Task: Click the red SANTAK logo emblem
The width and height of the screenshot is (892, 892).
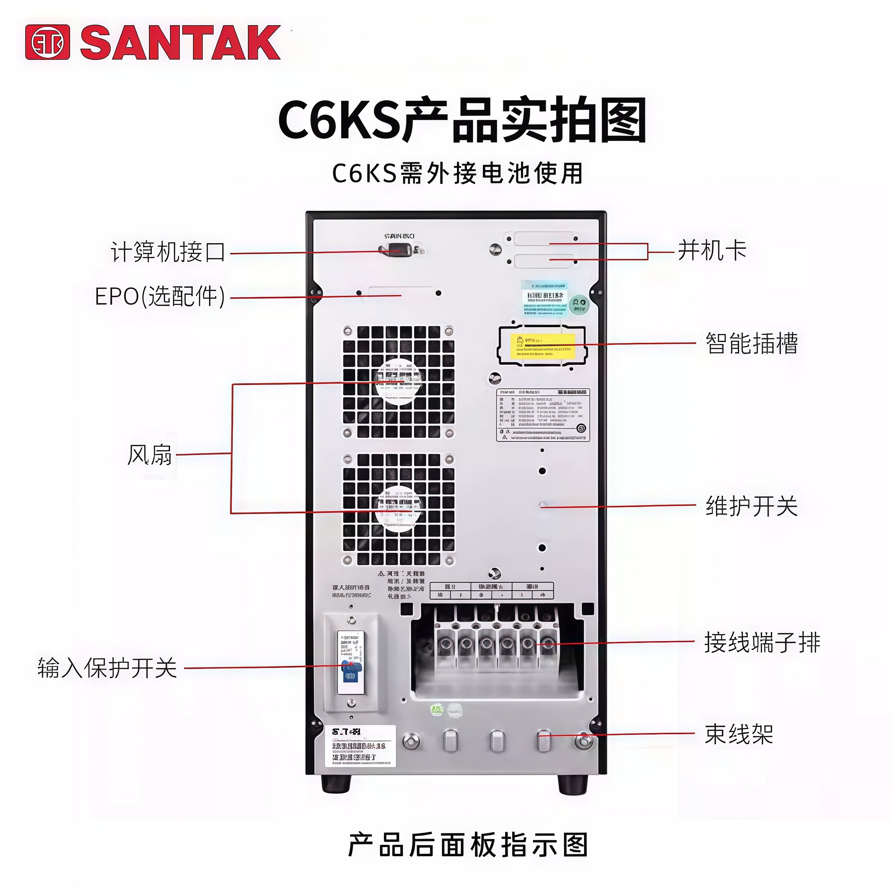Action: tap(47, 43)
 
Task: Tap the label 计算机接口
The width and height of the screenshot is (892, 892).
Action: tap(168, 252)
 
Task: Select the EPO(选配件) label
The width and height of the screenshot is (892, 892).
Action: tap(160, 297)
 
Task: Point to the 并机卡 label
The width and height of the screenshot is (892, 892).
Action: tap(712, 251)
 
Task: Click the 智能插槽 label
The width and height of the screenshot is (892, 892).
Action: tap(752, 344)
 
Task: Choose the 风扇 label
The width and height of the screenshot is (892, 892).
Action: tap(149, 455)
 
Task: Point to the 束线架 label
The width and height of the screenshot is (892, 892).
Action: tap(739, 734)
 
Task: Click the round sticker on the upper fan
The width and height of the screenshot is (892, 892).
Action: tap(398, 383)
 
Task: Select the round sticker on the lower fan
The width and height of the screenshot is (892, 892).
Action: tap(398, 508)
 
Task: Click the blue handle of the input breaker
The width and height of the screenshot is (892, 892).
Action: tap(350, 667)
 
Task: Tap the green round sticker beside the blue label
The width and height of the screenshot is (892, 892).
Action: tap(578, 305)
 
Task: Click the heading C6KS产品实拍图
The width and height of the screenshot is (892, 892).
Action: tap(462, 120)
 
